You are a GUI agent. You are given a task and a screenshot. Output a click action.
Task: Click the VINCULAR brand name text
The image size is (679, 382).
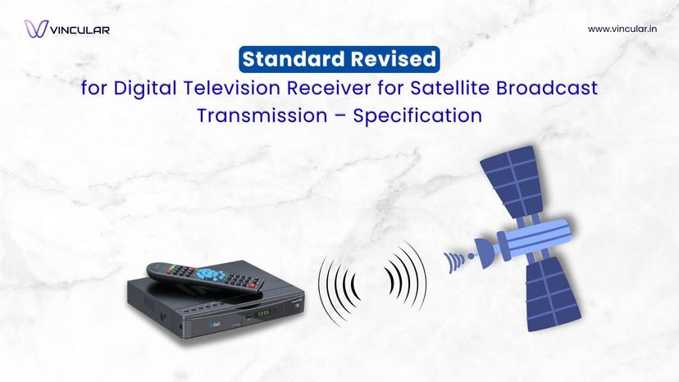[x=80, y=30]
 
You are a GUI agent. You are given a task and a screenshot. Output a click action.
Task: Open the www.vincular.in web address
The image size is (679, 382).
[x=621, y=29]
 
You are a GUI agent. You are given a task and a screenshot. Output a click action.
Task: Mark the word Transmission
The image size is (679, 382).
[x=262, y=116]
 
